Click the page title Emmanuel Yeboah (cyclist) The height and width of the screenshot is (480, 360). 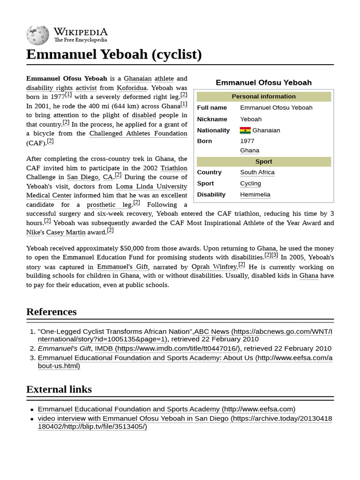(114, 54)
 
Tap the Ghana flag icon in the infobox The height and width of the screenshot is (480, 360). (245, 130)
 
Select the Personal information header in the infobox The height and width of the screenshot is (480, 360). (263, 97)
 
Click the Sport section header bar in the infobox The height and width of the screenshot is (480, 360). (263, 162)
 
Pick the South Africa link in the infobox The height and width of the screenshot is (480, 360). (257, 172)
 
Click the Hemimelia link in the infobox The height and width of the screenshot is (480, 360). (255, 195)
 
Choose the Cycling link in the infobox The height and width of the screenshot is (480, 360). (250, 184)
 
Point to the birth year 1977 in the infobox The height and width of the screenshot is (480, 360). (247, 141)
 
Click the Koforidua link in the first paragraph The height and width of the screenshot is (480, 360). (134, 88)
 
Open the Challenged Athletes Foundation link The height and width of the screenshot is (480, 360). (138, 134)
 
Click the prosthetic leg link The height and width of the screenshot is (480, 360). (109, 205)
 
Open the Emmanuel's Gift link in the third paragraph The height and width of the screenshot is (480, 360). (122, 267)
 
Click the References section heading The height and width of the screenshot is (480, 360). (51, 312)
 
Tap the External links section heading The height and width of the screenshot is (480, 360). (59, 389)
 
